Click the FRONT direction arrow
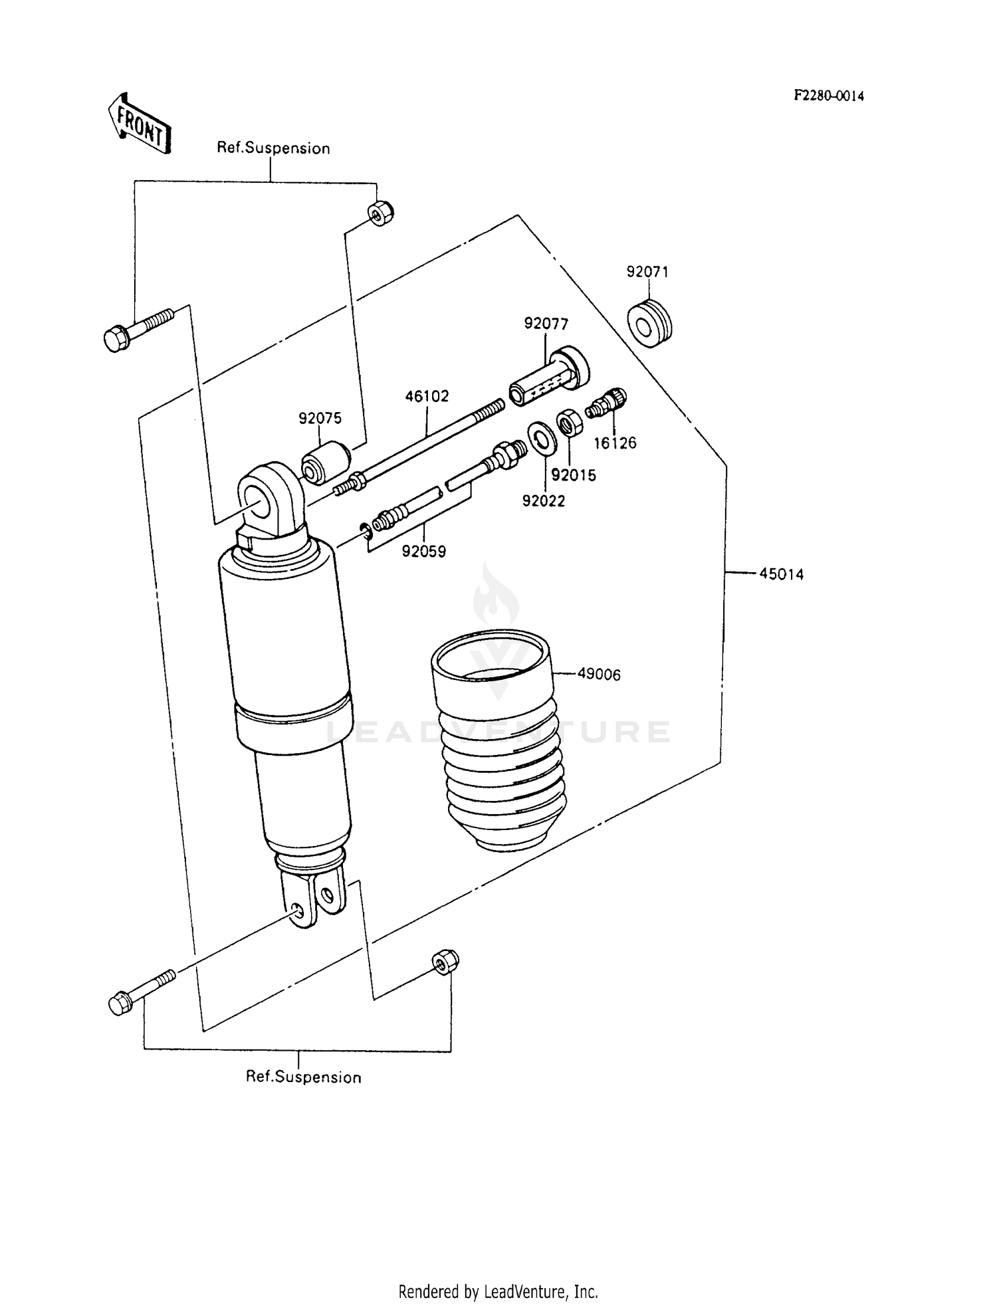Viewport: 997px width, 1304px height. click(139, 124)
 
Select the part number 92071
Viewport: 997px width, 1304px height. click(647, 272)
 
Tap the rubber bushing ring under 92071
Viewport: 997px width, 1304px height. click(649, 324)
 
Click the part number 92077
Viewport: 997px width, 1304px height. click(546, 324)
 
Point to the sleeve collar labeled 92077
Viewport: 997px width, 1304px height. click(549, 378)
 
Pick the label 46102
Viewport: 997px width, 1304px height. click(427, 396)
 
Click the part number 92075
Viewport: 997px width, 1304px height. click(320, 418)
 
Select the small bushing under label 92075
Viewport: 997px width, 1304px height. click(325, 463)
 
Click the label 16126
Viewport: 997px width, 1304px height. click(615, 443)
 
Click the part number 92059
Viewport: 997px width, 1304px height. click(423, 551)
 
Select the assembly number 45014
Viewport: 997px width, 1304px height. click(781, 574)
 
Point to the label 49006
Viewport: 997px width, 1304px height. click(598, 674)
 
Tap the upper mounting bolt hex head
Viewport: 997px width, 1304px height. click(117, 338)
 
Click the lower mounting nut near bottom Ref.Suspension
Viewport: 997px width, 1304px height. click(445, 962)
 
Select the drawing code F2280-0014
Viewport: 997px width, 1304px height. click(828, 96)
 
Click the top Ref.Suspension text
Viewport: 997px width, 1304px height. click(273, 148)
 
